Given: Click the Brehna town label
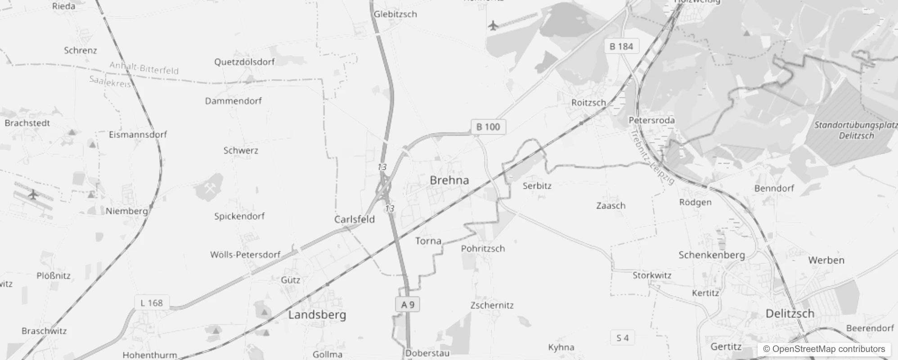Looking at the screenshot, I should click(449, 180).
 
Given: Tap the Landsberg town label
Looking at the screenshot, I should click(317, 315).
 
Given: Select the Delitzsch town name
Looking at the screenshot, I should click(790, 314).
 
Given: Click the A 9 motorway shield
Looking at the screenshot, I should click(408, 305).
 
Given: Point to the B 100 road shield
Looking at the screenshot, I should click(488, 127).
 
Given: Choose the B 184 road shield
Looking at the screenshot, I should click(621, 46).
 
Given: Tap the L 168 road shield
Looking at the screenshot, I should click(152, 303).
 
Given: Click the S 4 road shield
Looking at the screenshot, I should click(622, 338).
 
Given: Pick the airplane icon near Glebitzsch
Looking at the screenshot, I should click(494, 25).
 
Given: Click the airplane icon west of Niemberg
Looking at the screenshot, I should click(33, 194).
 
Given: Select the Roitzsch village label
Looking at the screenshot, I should click(588, 103).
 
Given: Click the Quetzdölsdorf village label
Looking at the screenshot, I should click(244, 62).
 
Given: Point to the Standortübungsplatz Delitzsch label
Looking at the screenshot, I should click(856, 130).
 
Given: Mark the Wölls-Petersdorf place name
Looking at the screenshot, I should click(245, 255).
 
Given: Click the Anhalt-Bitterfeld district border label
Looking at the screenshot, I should click(144, 68).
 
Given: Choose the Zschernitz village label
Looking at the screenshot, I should click(492, 305).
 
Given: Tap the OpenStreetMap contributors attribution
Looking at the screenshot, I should click(824, 349).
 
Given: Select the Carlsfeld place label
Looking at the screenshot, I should click(355, 219).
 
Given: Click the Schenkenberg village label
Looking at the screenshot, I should click(711, 255).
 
